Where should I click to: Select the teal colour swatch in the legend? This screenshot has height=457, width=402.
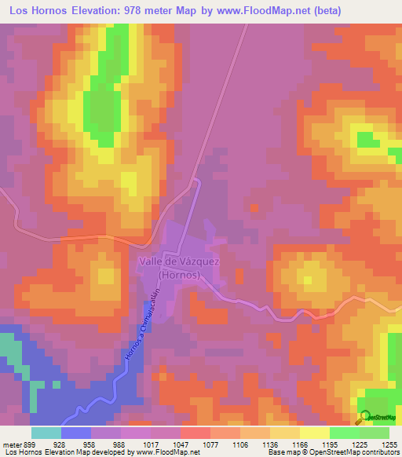coord(46,433)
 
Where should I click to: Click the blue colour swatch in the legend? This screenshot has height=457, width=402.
coord(76,433)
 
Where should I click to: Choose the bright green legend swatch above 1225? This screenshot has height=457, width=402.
coord(345,433)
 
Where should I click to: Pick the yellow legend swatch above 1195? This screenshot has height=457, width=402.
coord(315,433)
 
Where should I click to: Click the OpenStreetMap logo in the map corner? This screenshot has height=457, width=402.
coord(377,417)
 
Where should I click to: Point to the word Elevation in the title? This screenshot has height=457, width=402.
coord(95,10)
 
